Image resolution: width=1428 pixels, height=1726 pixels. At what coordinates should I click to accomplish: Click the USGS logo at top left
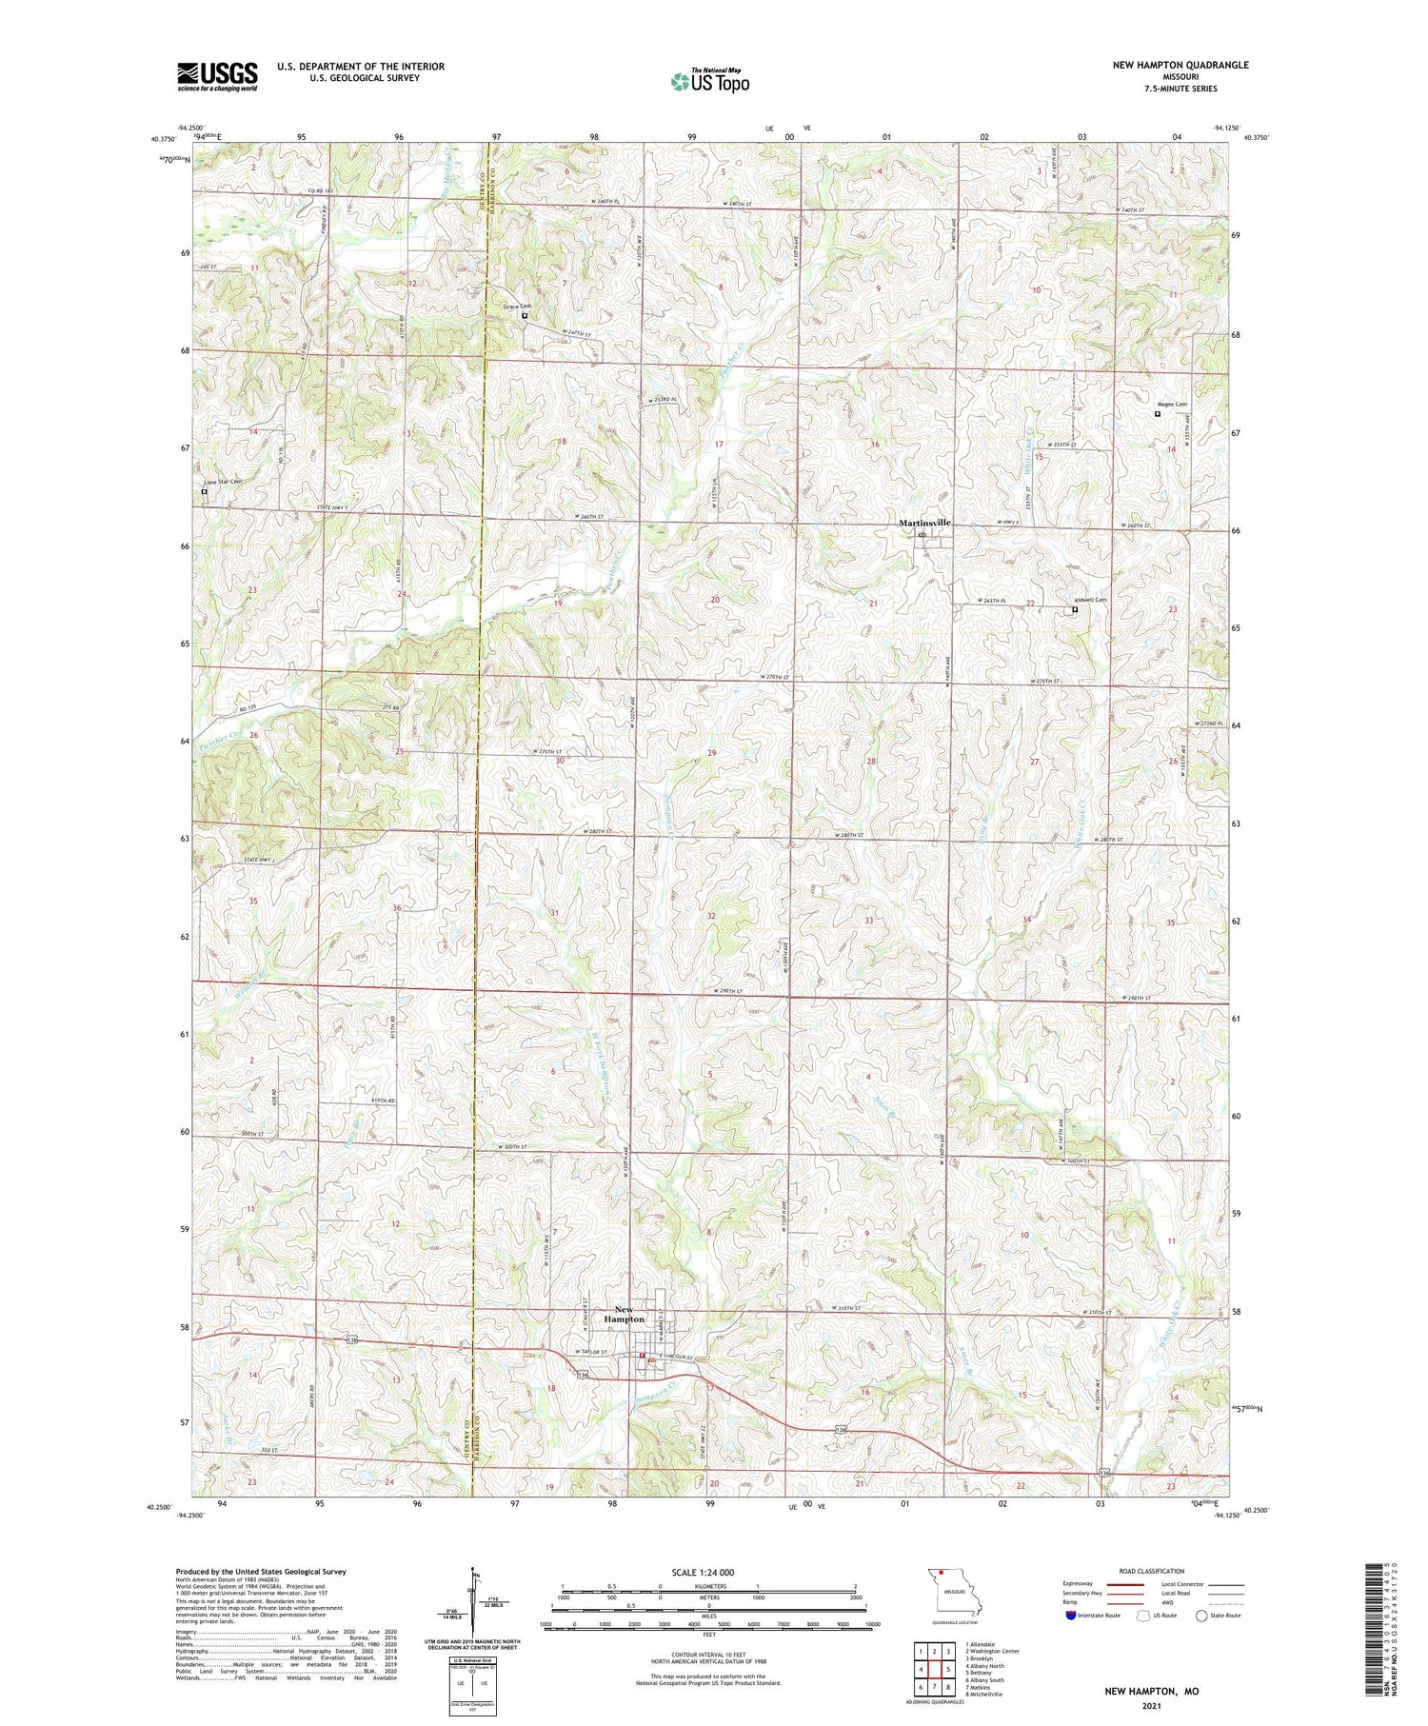click(x=217, y=76)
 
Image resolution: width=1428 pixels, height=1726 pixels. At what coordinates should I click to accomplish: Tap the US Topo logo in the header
click(x=710, y=82)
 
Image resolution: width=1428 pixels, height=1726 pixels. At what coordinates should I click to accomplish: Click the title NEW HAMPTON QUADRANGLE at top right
click(x=1180, y=65)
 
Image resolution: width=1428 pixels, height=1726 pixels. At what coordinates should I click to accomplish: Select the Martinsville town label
click(x=924, y=523)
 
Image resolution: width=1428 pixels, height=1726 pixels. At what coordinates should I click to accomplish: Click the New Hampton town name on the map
click(x=624, y=1314)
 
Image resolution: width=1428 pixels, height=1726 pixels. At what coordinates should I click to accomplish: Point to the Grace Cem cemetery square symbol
click(x=525, y=315)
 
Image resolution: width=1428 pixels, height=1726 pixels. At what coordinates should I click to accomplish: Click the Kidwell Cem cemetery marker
click(x=1075, y=610)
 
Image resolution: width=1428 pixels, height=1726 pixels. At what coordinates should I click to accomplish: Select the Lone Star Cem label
click(x=222, y=482)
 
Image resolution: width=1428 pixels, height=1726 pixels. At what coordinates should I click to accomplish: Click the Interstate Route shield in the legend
click(x=1071, y=1616)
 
